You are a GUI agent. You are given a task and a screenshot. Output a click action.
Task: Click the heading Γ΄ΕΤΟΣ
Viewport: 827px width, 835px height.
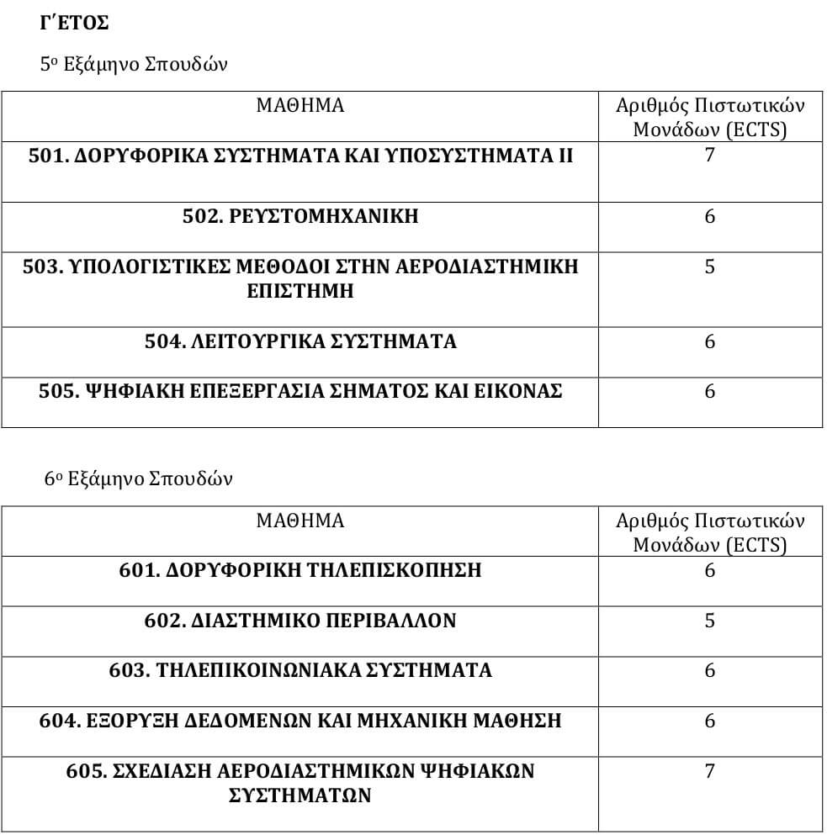(x=74, y=24)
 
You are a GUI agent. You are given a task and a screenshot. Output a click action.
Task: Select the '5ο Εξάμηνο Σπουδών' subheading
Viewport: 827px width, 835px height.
(x=134, y=65)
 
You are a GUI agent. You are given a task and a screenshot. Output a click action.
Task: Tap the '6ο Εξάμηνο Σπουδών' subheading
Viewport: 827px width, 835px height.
(x=139, y=479)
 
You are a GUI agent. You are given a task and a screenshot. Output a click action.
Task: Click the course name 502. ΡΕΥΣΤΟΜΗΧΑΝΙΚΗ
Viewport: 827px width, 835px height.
(x=300, y=217)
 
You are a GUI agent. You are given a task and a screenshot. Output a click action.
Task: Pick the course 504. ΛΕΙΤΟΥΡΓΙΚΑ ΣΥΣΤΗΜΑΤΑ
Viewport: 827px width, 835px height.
(x=300, y=341)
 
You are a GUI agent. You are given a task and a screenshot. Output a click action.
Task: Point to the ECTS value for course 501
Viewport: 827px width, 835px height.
(x=710, y=155)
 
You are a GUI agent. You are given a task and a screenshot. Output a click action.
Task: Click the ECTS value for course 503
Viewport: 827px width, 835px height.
(x=710, y=267)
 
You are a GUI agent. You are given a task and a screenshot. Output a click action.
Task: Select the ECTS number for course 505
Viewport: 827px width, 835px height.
(x=710, y=392)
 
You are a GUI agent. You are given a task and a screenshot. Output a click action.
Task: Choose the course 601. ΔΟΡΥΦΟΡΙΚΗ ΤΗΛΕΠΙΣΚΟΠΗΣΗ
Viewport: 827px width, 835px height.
(x=300, y=570)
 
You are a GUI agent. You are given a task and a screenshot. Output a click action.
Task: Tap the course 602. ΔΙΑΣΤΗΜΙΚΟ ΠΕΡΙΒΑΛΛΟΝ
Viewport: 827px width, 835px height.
(x=300, y=621)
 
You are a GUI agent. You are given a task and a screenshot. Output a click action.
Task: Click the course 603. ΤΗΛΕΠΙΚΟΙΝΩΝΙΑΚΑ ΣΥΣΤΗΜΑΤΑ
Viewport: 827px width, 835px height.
(x=300, y=670)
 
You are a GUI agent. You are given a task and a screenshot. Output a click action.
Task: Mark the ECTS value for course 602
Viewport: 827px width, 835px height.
(x=710, y=621)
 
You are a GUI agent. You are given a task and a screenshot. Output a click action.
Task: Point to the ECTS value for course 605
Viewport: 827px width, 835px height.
(x=710, y=770)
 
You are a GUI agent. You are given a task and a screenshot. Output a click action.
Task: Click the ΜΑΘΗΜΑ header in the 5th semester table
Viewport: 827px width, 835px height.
(x=300, y=106)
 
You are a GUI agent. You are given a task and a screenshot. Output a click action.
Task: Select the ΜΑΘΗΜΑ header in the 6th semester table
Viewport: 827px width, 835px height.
(x=300, y=521)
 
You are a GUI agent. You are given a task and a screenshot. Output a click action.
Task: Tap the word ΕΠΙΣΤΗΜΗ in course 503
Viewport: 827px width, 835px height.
(x=300, y=292)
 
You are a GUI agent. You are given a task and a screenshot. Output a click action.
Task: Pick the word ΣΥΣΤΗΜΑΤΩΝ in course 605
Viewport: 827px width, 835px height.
(x=300, y=795)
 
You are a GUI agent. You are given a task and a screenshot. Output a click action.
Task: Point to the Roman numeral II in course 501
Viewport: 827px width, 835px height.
(x=565, y=156)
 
